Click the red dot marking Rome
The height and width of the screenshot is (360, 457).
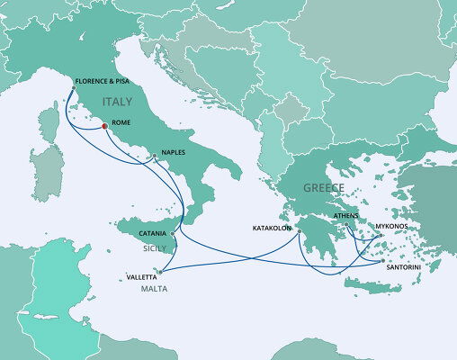pyautogui.click(x=104, y=126)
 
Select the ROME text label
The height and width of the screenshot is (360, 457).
pyautogui.click(x=122, y=125)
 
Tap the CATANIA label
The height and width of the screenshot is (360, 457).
pyautogui.click(x=148, y=233)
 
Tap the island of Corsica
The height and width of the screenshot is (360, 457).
pyautogui.click(x=51, y=123)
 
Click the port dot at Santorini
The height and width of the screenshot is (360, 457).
pyautogui.click(x=382, y=260)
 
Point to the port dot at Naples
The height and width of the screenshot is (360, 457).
pyautogui.click(x=155, y=157)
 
